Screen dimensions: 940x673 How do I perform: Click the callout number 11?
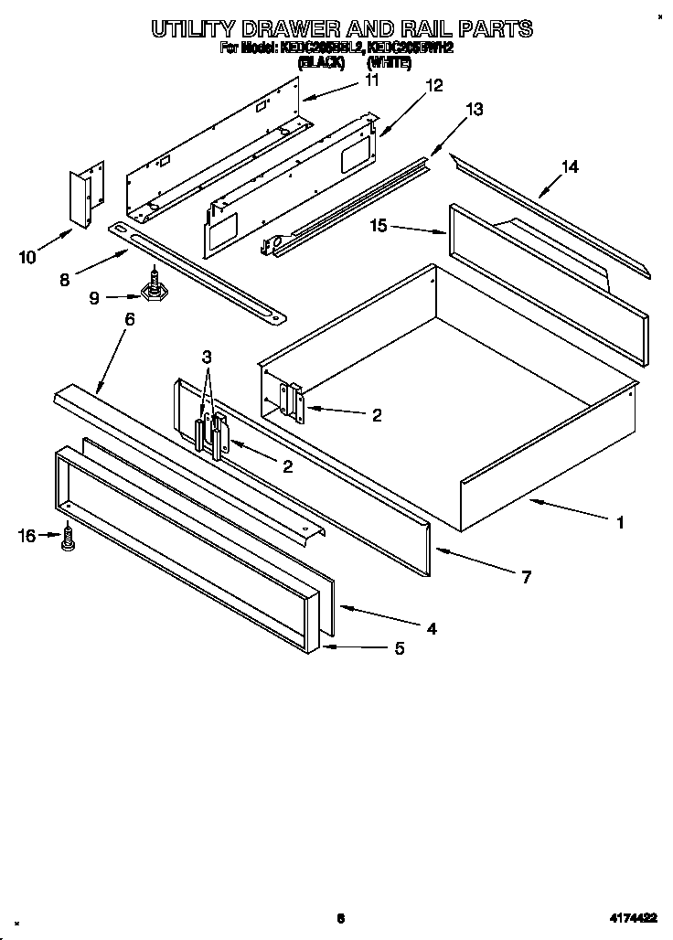tap(371, 80)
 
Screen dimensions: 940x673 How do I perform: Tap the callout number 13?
tap(474, 109)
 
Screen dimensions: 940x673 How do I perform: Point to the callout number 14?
tap(570, 166)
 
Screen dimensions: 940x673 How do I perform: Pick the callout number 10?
tap(27, 257)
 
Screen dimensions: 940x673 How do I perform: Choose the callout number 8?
tap(64, 280)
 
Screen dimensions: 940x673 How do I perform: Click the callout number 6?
tap(129, 319)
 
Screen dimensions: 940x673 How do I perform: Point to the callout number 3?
tap(207, 356)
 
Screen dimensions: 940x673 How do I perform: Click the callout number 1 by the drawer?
tap(620, 523)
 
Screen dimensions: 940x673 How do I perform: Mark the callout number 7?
tap(526, 577)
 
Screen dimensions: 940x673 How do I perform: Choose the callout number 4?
tap(430, 628)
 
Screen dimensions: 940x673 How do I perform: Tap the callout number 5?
tap(399, 648)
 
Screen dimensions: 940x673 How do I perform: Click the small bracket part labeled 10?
tap(88, 196)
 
